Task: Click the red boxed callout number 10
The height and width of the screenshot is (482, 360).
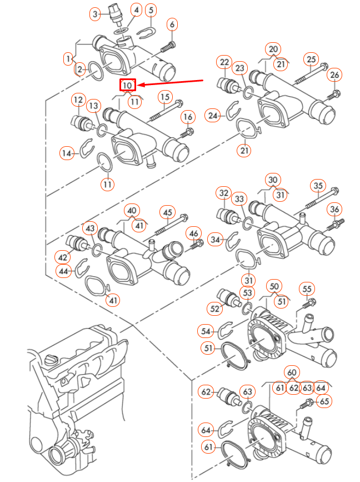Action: pyautogui.click(x=128, y=86)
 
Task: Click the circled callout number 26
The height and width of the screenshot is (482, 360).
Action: pyautogui.click(x=334, y=75)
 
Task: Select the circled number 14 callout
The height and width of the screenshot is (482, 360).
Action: pyautogui.click(x=68, y=153)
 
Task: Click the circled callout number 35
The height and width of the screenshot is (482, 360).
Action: pyautogui.click(x=318, y=185)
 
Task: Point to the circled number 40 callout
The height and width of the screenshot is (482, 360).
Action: pyautogui.click(x=132, y=211)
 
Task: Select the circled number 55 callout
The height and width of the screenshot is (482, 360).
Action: pyautogui.click(x=307, y=288)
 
